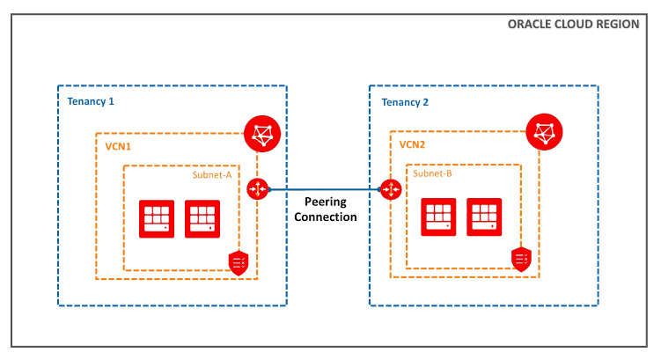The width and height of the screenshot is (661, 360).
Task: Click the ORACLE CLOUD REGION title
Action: pos(573,24)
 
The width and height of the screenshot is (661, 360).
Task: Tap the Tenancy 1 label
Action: pos(91,101)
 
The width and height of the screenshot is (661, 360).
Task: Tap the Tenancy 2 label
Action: pos(405,101)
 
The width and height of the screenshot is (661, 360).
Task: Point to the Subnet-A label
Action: pos(212,174)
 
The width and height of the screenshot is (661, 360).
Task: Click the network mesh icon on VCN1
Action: pos(261,134)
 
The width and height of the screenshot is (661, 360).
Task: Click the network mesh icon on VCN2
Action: pos(544,134)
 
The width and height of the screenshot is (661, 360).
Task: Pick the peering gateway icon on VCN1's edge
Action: pos(257,188)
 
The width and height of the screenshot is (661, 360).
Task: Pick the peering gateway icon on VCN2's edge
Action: pos(389,188)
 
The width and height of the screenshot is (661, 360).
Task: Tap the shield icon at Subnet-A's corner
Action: pos(238,261)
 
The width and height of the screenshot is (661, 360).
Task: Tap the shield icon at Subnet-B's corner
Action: pos(521,259)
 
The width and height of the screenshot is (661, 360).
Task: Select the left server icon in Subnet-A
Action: pos(157,219)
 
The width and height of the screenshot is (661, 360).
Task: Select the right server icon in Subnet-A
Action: pos(202,219)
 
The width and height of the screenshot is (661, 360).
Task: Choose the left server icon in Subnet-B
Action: pos(438,216)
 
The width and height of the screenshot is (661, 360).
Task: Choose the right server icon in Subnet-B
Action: pos(484,216)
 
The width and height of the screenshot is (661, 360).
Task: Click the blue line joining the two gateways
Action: pos(323,188)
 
